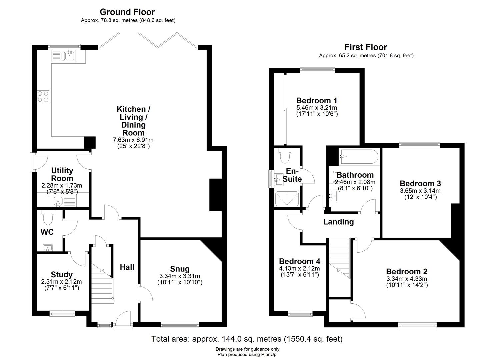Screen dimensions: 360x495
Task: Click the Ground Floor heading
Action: pyautogui.click(x=127, y=12)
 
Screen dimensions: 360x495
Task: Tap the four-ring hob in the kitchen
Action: pyautogui.click(x=43, y=96)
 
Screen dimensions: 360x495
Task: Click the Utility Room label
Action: pyautogui.click(x=62, y=174)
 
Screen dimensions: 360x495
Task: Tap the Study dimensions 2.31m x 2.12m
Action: pyautogui.click(x=61, y=282)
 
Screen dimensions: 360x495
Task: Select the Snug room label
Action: pyautogui.click(x=180, y=269)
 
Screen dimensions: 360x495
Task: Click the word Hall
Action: pyautogui.click(x=127, y=267)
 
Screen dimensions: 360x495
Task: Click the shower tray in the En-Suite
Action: pyautogui.click(x=287, y=199)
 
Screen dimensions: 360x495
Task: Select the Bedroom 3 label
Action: pyautogui.click(x=420, y=183)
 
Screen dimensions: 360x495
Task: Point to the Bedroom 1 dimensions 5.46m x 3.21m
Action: pyautogui.click(x=317, y=108)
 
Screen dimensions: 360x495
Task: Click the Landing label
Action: pyautogui.click(x=338, y=222)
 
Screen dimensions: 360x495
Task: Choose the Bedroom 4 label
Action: pyautogui.click(x=299, y=261)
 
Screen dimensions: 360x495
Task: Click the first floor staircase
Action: pyautogui.click(x=339, y=263)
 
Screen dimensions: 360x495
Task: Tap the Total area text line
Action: pyautogui.click(x=247, y=339)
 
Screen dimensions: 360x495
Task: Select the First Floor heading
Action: pyautogui.click(x=366, y=47)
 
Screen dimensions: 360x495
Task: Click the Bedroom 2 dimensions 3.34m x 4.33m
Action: pyautogui.click(x=407, y=279)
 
